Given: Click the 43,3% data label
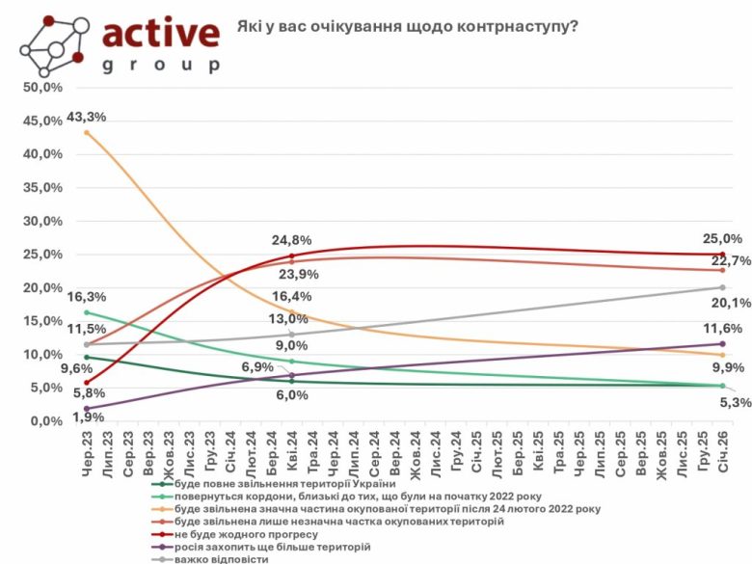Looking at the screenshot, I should pyautogui.click(x=86, y=117).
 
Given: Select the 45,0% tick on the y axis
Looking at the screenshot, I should pyautogui.click(x=41, y=121).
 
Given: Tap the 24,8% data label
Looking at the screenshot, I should pyautogui.click(x=290, y=240).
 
